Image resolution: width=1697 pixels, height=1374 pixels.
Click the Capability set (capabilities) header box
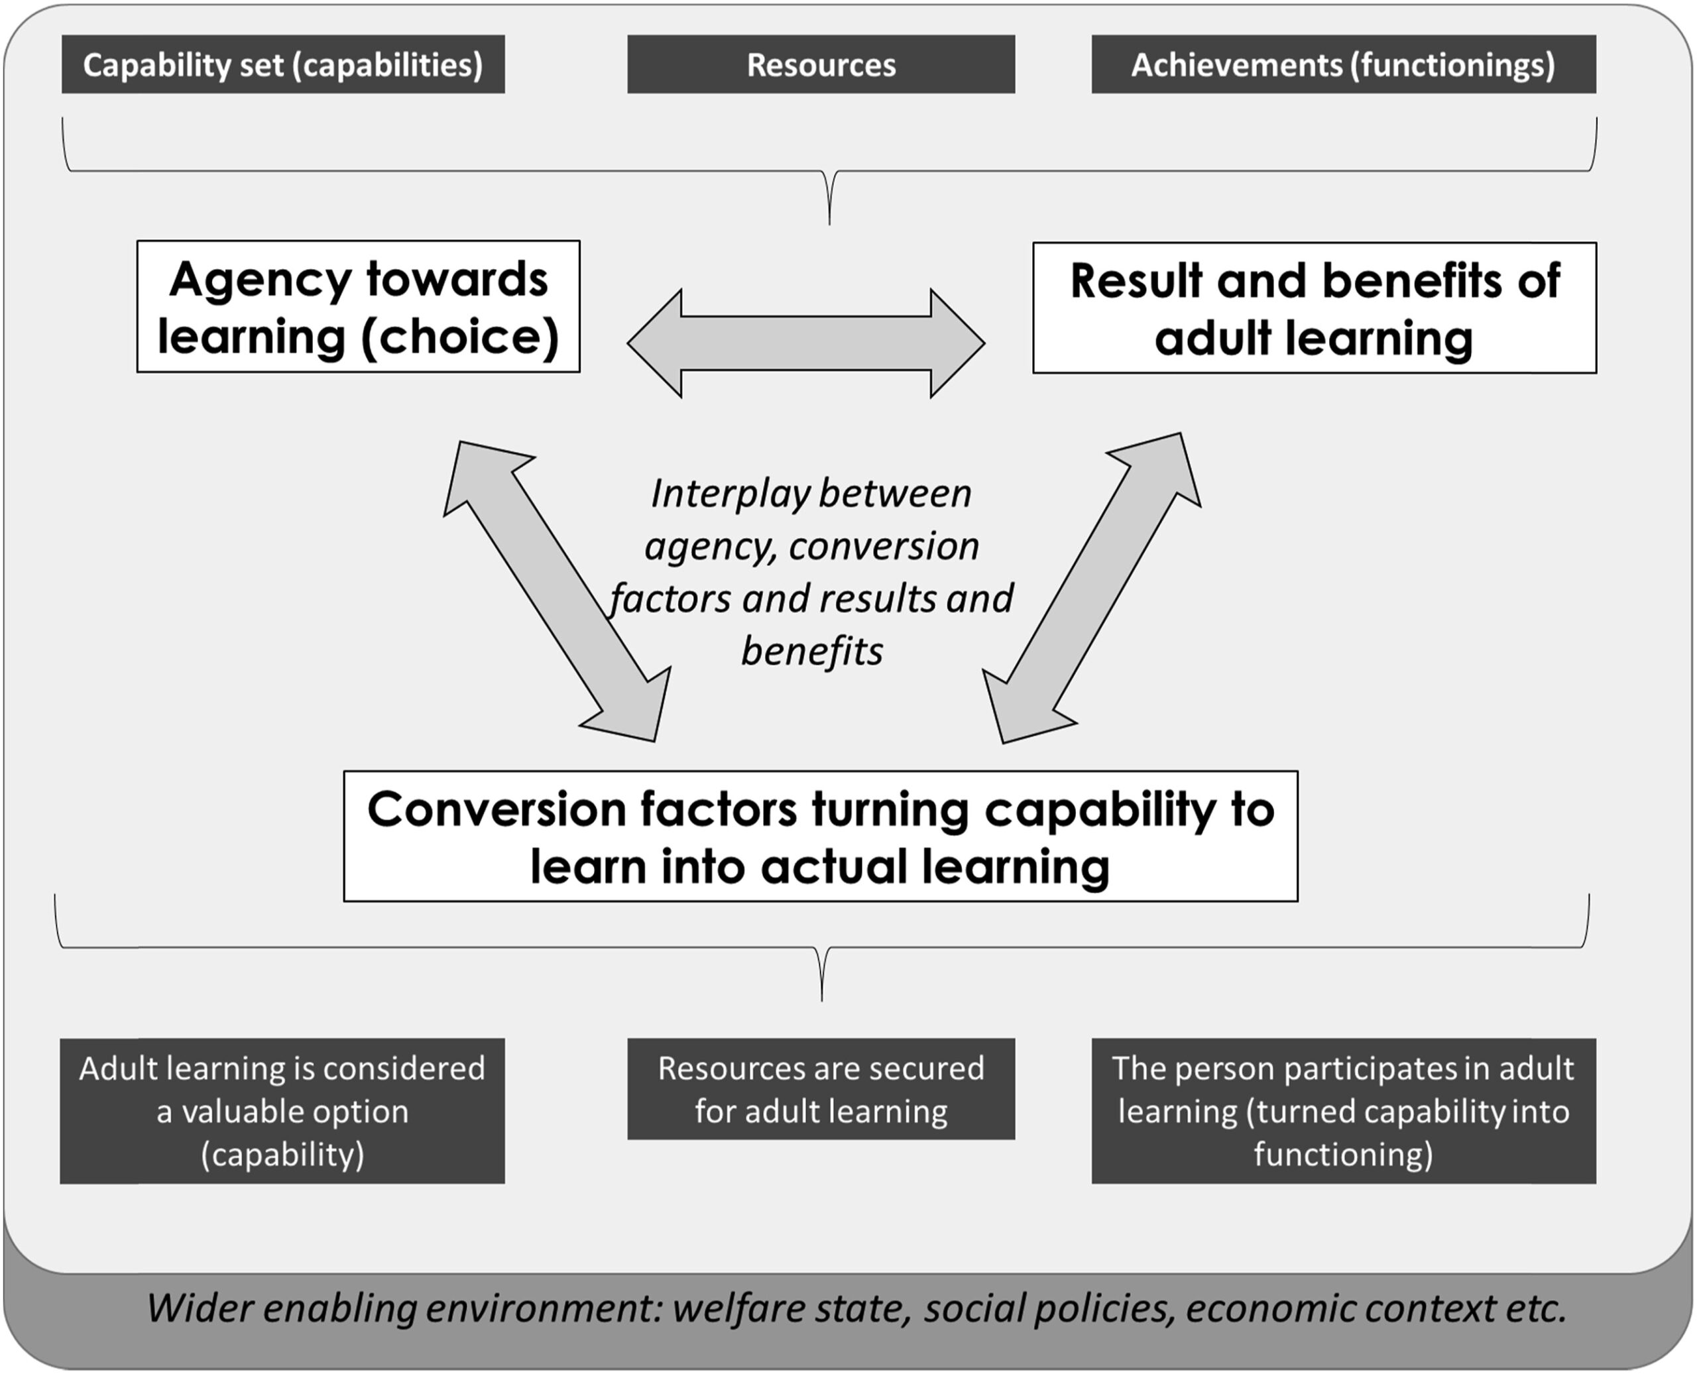pyautogui.click(x=282, y=64)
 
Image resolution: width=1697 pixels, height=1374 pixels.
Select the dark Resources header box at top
pyautogui.click(x=821, y=64)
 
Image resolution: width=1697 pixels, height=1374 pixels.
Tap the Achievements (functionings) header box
pyautogui.click(x=1343, y=64)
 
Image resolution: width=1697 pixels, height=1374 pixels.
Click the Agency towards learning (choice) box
pyautogui.click(x=358, y=306)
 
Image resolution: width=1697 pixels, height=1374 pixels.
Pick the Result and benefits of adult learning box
pyautogui.click(x=1314, y=308)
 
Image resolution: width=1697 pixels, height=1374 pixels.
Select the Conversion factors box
pyautogui.click(x=820, y=836)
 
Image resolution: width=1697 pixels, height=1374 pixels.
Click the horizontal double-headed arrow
pyautogui.click(x=806, y=343)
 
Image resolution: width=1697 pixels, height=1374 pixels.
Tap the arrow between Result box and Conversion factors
pyautogui.click(x=1092, y=588)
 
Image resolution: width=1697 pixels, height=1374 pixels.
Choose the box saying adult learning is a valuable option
pyautogui.click(x=282, y=1110)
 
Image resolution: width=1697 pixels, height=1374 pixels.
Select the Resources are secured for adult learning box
pyautogui.click(x=821, y=1089)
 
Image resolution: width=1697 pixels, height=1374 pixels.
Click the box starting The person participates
pyautogui.click(x=1343, y=1110)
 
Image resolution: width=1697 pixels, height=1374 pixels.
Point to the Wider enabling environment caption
pyautogui.click(x=856, y=1308)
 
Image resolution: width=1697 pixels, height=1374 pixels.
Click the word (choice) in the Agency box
pyautogui.click(x=461, y=337)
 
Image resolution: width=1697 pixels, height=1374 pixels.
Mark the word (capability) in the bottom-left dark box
pyautogui.click(x=282, y=1154)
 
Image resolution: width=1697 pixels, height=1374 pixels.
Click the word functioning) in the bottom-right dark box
pyautogui.click(x=1343, y=1154)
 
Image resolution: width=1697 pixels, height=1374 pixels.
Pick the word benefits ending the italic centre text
pyautogui.click(x=812, y=652)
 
